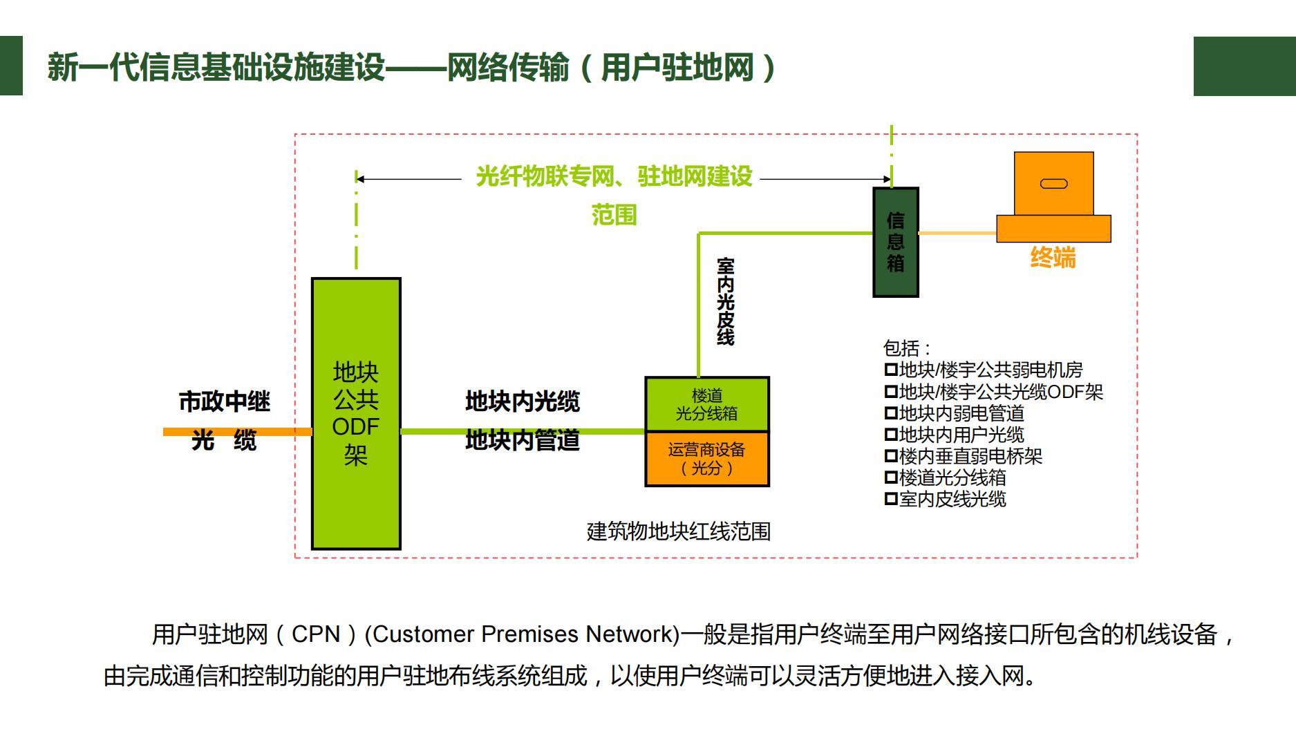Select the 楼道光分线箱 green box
click(x=706, y=404)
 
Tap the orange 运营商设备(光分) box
click(x=706, y=459)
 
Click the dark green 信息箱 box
click(x=895, y=242)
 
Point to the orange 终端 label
click(x=1053, y=258)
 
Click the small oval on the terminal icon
click(x=1053, y=183)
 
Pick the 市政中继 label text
click(x=224, y=401)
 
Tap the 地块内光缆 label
click(x=522, y=401)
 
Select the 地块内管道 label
click(x=522, y=439)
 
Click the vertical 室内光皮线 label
click(x=725, y=301)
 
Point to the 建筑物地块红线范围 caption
click(x=678, y=531)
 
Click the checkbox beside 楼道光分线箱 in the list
click(x=890, y=477)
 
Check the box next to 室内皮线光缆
click(x=890, y=498)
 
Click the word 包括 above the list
click(x=901, y=348)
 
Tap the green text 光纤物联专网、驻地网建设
click(x=614, y=177)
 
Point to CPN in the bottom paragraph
click(x=316, y=634)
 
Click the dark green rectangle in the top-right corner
click(x=1244, y=66)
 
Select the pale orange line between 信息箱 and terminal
click(x=957, y=234)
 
